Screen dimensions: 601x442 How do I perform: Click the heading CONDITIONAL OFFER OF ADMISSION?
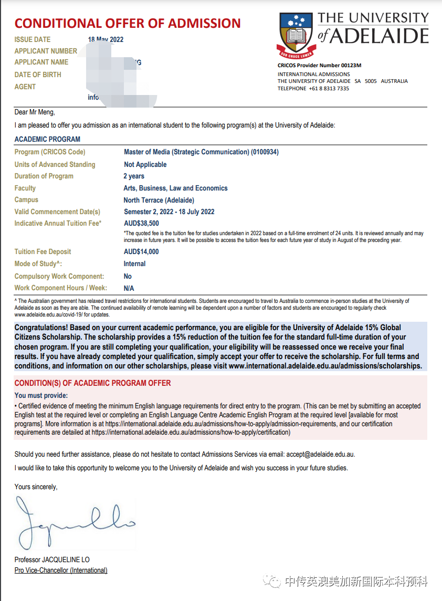pyautogui.click(x=128, y=23)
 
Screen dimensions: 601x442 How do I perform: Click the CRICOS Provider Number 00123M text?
pyautogui.click(x=320, y=66)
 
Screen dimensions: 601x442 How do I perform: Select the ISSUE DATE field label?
pyautogui.click(x=33, y=39)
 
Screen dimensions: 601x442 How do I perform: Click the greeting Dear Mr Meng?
pyautogui.click(x=35, y=112)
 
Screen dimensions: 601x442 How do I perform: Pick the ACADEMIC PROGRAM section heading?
pyautogui.click(x=47, y=139)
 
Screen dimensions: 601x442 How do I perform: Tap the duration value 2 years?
pyautogui.click(x=134, y=176)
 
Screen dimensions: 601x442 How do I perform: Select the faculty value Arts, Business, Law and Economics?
pyautogui.click(x=175, y=188)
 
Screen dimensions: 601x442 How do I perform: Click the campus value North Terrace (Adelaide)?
pyautogui.click(x=159, y=200)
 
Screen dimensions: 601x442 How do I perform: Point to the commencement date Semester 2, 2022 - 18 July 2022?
pyautogui.click(x=169, y=212)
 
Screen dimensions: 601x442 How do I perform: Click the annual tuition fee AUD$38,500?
pyautogui.click(x=141, y=224)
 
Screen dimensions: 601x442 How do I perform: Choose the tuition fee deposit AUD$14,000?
pyautogui.click(x=141, y=252)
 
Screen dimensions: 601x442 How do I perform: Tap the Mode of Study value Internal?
pyautogui.click(x=134, y=264)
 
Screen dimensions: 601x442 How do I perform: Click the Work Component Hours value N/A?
pyautogui.click(x=129, y=288)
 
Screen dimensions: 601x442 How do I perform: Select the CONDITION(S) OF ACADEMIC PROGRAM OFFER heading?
pyautogui.click(x=92, y=383)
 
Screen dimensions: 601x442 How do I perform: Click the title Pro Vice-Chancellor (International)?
pyautogui.click(x=61, y=571)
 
